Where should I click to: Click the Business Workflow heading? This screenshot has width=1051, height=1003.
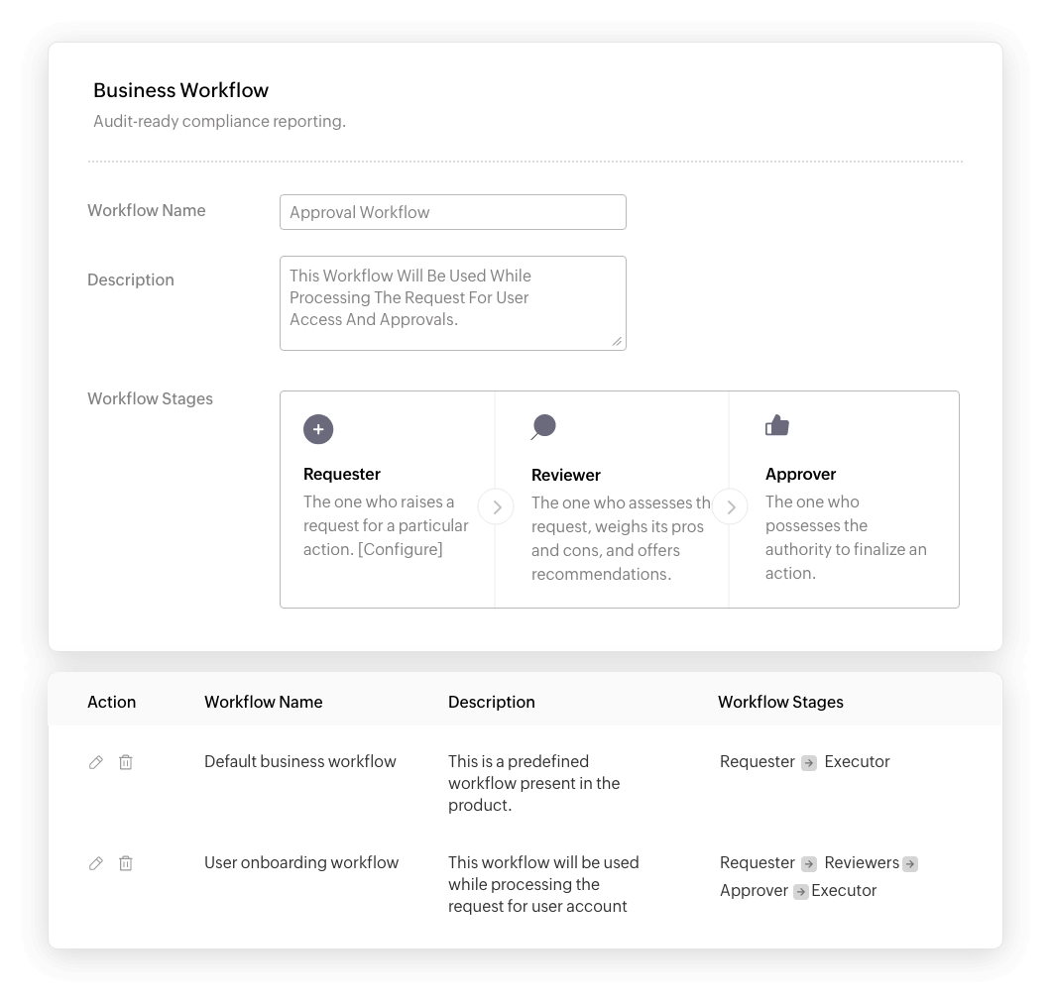[x=180, y=90]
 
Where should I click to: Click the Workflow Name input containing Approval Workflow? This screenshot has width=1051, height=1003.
[x=452, y=212]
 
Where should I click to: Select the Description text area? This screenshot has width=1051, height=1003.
[x=452, y=302]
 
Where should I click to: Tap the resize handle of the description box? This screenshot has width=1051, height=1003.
[x=617, y=341]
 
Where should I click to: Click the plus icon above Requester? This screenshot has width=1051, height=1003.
[x=318, y=429]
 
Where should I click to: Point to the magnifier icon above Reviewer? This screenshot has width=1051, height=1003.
[x=543, y=427]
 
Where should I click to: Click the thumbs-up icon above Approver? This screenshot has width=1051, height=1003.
[x=777, y=426]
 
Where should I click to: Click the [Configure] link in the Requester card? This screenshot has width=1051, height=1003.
[x=401, y=549]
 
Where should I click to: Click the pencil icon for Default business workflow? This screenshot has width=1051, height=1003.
[x=96, y=762]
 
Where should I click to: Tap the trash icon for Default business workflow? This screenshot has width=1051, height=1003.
[x=126, y=762]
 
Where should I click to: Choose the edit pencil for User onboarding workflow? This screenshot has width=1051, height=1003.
[x=96, y=863]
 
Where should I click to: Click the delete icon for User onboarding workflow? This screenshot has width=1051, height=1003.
[x=126, y=863]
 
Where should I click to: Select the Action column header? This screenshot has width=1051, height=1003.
[x=111, y=702]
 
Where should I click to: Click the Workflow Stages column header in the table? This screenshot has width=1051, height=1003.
[x=780, y=702]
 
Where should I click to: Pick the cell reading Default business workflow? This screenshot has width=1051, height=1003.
[x=299, y=761]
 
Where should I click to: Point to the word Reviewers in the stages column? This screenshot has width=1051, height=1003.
[x=862, y=862]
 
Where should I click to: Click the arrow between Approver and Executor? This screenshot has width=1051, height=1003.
[x=801, y=891]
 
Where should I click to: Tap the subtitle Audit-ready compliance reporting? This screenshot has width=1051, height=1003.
[x=219, y=122]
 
